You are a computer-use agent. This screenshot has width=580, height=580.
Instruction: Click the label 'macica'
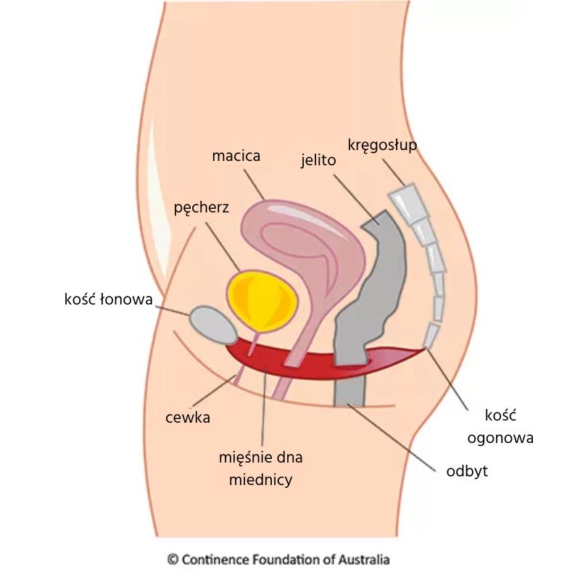click(236, 156)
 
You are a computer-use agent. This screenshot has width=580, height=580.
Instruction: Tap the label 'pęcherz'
click(202, 208)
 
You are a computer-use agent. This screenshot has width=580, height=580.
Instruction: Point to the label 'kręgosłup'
click(382, 144)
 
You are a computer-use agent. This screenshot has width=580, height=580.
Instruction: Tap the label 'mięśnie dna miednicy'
click(260, 468)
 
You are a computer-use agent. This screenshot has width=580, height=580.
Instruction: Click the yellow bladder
click(262, 297)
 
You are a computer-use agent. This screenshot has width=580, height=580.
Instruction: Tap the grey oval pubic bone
click(211, 324)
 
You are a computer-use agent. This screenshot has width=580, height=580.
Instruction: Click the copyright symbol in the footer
click(173, 559)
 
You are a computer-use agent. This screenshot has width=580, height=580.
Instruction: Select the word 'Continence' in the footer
click(214, 559)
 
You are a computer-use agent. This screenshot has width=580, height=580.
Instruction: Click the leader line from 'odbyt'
click(391, 435)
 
